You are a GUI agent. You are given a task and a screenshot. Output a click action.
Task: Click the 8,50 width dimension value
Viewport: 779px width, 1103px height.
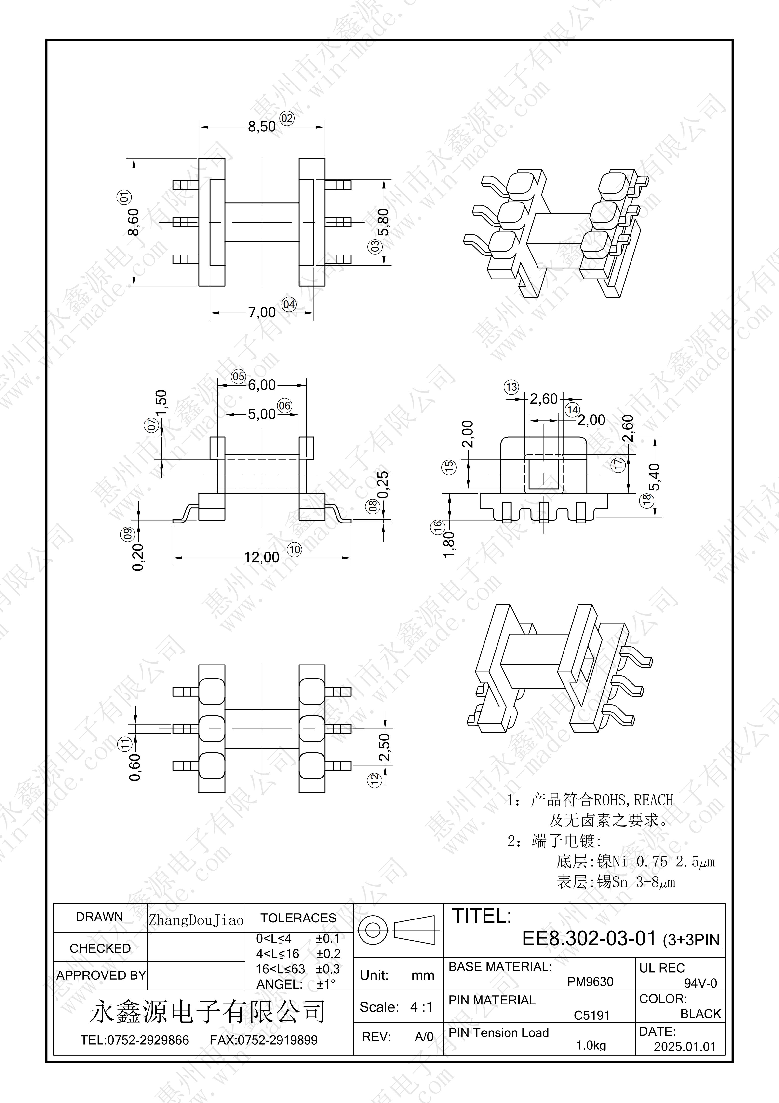262,127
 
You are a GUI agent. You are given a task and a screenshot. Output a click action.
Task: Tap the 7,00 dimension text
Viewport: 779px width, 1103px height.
262,313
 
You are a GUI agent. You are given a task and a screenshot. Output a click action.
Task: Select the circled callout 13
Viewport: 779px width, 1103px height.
511,387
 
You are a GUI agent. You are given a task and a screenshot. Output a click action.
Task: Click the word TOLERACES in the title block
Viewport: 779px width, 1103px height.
298,918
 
